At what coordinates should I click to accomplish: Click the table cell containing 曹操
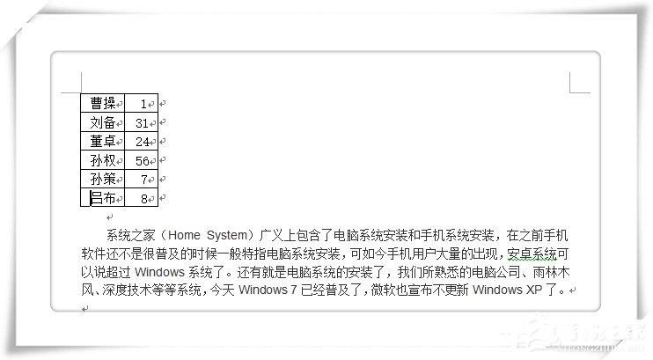point(102,103)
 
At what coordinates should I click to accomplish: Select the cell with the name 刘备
point(102,122)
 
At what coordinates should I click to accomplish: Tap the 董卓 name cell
point(102,141)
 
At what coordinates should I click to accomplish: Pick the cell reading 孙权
point(102,160)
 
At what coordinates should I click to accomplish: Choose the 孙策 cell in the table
point(102,179)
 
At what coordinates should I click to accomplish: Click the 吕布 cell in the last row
point(102,197)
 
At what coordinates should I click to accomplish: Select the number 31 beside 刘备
point(142,123)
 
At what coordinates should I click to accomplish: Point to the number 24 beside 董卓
point(142,142)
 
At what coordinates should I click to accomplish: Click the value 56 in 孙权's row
point(142,161)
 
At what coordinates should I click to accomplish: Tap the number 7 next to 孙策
point(144,180)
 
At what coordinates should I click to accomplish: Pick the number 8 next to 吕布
point(144,199)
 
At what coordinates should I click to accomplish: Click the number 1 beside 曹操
point(143,104)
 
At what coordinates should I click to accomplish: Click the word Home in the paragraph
point(184,235)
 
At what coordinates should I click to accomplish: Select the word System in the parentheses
point(227,235)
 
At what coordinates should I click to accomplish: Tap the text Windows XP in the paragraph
point(507,290)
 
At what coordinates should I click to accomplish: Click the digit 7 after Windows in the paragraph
point(293,290)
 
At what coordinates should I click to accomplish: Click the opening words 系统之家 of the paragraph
point(131,235)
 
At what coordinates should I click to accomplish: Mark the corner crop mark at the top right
point(569,92)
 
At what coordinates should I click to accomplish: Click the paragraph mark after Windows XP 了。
point(573,290)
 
